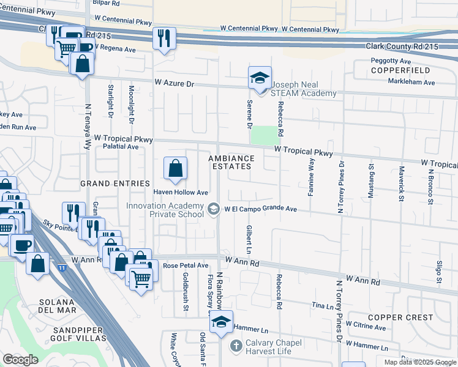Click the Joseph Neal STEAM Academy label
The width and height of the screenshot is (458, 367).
coord(304,89)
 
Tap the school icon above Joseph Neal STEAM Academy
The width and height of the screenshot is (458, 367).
coord(260,78)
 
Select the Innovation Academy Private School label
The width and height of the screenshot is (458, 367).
coord(165,210)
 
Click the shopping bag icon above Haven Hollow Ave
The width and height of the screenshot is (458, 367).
coord(175,168)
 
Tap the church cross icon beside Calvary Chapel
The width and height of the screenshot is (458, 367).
coord(236,347)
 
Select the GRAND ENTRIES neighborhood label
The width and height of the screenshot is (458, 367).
coord(115,183)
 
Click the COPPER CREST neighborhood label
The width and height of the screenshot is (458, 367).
coord(401,317)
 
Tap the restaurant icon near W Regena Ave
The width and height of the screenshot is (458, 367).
coord(163,38)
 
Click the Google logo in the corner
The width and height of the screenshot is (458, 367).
coord(20,360)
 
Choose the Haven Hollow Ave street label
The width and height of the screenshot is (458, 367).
coord(181,193)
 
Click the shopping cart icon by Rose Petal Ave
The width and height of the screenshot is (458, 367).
coord(141,279)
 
